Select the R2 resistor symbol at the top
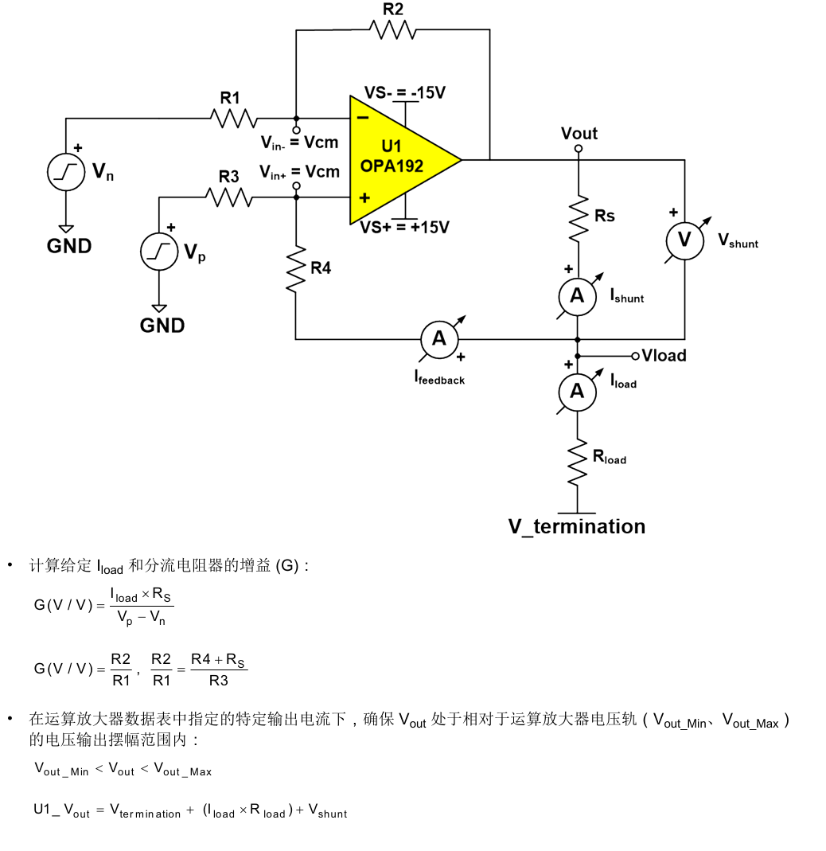pyautogui.click(x=392, y=29)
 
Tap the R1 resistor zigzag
pyautogui.click(x=234, y=119)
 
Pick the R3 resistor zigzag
pyautogui.click(x=229, y=197)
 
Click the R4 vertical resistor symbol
pyautogui.click(x=296, y=268)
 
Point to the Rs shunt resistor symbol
pyautogui.click(x=579, y=217)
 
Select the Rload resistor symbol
pyautogui.click(x=578, y=461)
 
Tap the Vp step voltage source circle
pyautogui.click(x=158, y=252)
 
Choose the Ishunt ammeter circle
pyautogui.click(x=578, y=296)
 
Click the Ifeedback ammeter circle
pyautogui.click(x=439, y=339)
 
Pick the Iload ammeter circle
pyautogui.click(x=578, y=391)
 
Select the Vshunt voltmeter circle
pyautogui.click(x=684, y=240)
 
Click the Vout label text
pyautogui.click(x=579, y=133)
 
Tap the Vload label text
pyautogui.click(x=664, y=355)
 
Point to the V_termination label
pyautogui.click(x=577, y=526)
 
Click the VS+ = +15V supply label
pyautogui.click(x=404, y=228)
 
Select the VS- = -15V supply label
pyautogui.click(x=404, y=92)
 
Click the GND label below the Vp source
pyautogui.click(x=162, y=325)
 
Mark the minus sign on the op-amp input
pyautogui.click(x=362, y=118)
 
